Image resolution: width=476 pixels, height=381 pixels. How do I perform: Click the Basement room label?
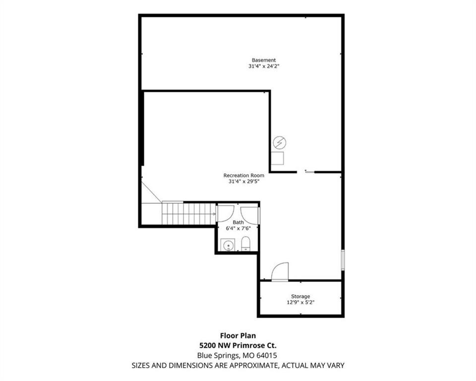(263, 60)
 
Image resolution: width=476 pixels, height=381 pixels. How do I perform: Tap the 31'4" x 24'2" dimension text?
(263, 66)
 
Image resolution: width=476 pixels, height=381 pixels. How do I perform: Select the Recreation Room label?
(244, 175)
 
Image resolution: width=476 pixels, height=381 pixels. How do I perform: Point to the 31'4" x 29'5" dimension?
(244, 182)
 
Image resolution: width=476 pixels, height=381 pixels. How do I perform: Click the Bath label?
(238, 222)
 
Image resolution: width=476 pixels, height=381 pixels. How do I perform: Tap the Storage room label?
(300, 296)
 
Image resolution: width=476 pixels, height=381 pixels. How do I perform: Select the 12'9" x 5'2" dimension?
(300, 302)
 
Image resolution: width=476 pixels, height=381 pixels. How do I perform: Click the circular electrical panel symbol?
(280, 142)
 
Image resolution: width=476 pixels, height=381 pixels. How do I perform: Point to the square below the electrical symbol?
(278, 158)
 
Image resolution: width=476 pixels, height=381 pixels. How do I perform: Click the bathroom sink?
(228, 245)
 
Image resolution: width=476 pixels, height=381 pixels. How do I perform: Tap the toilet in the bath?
(245, 244)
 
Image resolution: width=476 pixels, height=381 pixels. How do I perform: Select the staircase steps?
(188, 214)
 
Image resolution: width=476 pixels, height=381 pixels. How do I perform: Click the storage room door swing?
(280, 272)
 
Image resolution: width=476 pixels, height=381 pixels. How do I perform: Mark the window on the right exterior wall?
(343, 260)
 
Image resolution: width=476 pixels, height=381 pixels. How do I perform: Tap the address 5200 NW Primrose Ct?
(238, 345)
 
